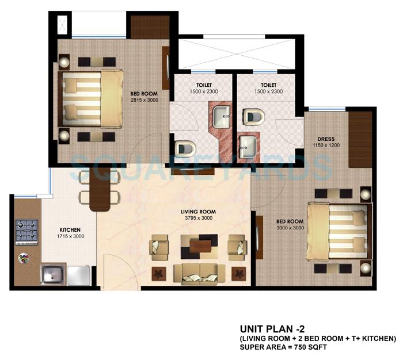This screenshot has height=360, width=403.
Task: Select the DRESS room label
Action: point(326,139)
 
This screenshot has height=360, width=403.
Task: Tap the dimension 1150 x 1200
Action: point(326,146)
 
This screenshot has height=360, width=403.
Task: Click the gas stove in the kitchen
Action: point(26,231)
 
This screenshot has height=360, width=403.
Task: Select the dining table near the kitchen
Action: point(99,192)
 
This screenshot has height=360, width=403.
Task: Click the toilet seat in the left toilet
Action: point(184,149)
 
